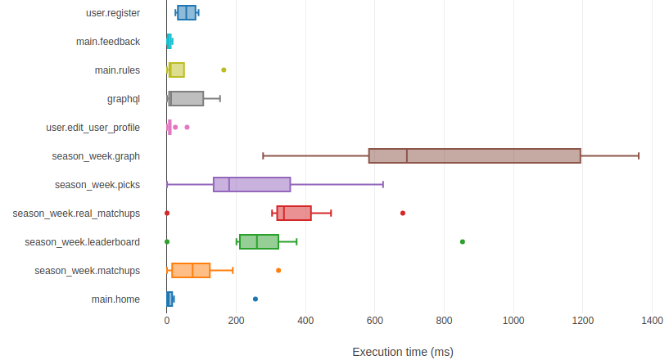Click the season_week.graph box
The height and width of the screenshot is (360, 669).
475,155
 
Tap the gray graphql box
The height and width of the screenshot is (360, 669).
186,99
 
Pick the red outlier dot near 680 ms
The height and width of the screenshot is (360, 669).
403,213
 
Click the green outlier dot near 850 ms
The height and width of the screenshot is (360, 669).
463,241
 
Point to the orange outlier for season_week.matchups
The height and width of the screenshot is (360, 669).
278,270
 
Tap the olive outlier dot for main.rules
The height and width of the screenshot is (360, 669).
224,70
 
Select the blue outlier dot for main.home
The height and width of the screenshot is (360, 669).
255,299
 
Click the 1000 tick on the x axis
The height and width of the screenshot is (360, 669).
514,321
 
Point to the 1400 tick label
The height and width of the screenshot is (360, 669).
653,321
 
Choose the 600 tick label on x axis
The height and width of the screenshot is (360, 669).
375,321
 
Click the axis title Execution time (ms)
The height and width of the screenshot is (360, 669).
402,352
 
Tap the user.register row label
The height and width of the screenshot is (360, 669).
113,13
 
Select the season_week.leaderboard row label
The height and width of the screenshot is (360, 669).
82,242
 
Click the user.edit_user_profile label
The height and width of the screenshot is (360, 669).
93,128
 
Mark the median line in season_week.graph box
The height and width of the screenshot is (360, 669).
407,155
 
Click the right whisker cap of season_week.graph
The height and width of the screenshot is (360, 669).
639,155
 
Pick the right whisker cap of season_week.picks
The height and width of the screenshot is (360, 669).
383,184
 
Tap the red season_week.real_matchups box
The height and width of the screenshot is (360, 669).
294,213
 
